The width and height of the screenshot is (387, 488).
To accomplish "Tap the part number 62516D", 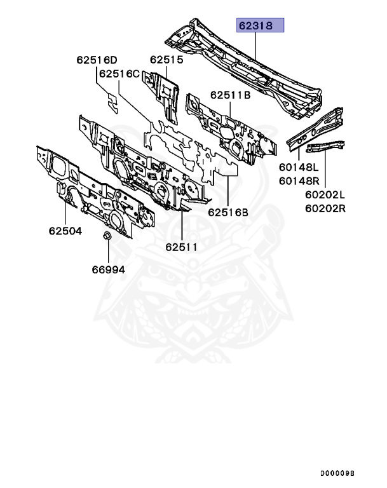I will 97,60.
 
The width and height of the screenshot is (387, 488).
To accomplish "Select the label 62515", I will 166,60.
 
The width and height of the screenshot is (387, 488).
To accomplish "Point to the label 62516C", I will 119,74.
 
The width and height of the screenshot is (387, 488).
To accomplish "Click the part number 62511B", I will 231,95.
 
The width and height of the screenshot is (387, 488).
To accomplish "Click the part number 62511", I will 182,246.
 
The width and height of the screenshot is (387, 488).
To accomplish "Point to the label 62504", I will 65,231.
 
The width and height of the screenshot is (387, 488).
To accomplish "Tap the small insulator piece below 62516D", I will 112,102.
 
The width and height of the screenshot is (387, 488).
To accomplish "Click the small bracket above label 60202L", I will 325,147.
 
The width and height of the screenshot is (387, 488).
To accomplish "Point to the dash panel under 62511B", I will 232,130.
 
